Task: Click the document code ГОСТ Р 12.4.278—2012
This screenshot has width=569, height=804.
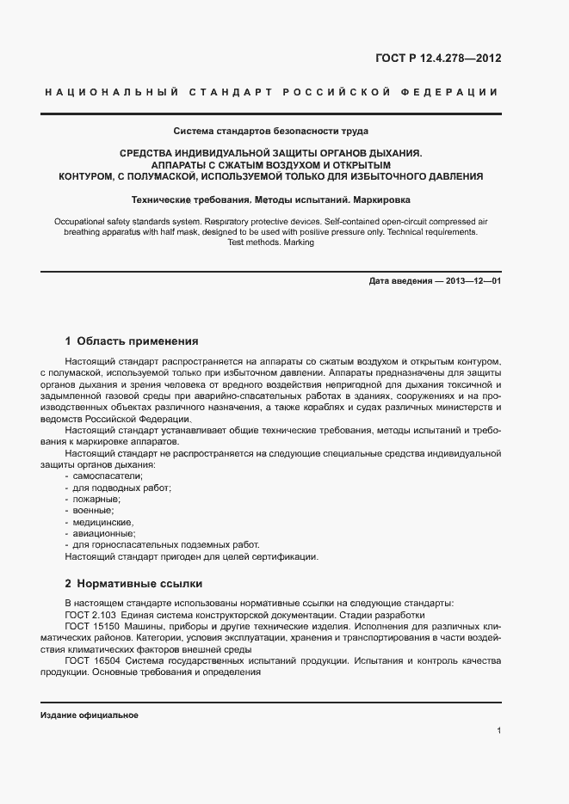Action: (x=437, y=58)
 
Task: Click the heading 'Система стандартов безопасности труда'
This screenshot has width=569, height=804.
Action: (x=271, y=132)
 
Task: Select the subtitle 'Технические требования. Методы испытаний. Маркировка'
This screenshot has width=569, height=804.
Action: (x=271, y=198)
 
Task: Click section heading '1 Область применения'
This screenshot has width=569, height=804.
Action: (x=132, y=341)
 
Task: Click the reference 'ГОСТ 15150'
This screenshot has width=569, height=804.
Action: (x=94, y=627)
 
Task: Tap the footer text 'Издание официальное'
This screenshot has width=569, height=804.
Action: (x=90, y=715)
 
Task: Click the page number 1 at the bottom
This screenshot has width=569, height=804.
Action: (x=498, y=731)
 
